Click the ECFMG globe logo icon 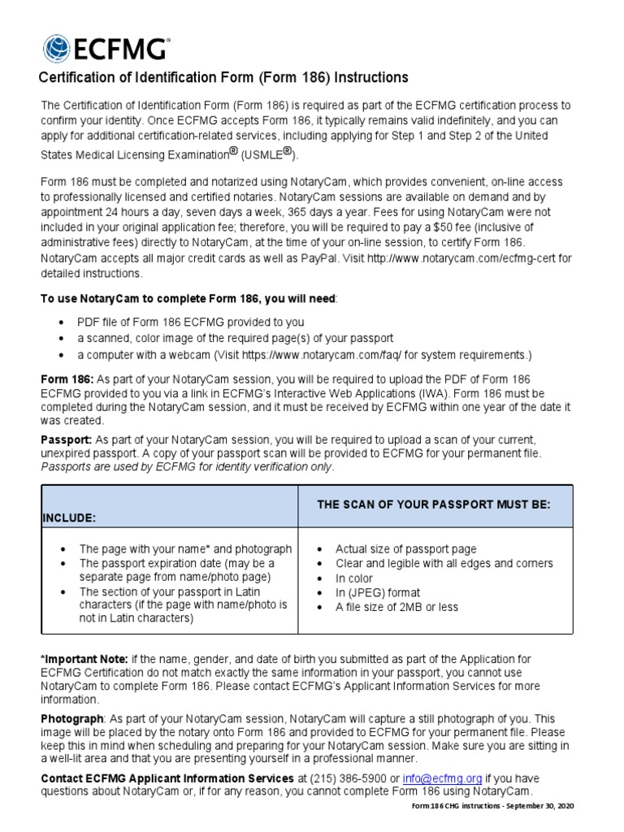(58, 49)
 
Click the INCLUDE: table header (68, 517)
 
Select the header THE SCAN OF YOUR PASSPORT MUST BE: (434, 505)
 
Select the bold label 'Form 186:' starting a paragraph (67, 379)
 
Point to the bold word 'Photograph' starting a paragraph (72, 719)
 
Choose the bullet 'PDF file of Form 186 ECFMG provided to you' (191, 321)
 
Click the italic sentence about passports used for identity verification (187, 467)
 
